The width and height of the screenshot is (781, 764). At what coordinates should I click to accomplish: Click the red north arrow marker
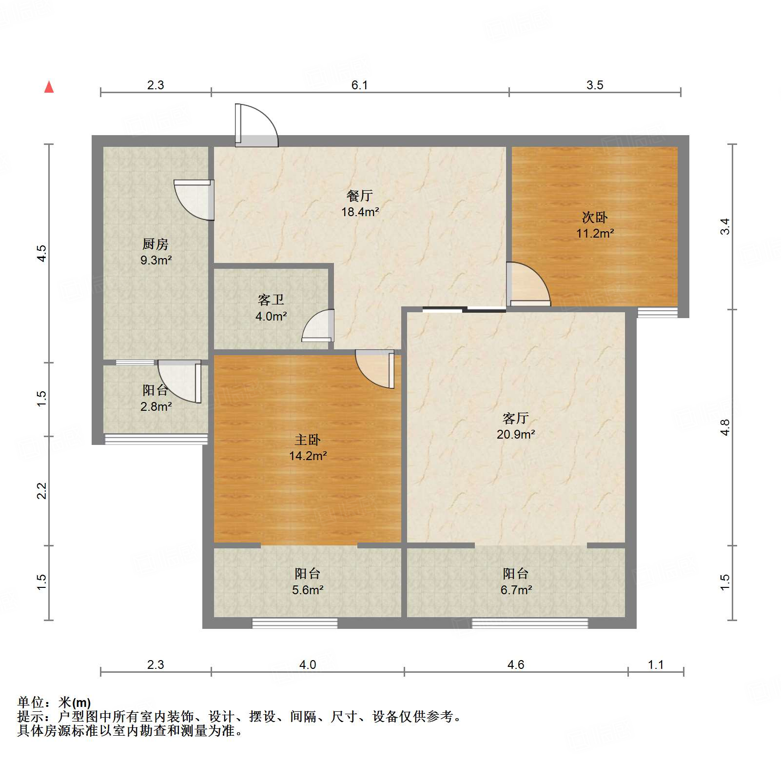[49, 87]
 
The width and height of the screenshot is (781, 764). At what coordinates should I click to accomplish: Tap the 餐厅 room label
[360, 196]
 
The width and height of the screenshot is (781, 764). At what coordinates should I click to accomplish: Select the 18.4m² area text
[360, 212]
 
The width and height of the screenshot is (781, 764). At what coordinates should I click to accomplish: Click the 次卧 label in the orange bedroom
[595, 217]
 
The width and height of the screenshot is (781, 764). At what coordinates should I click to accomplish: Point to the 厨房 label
[156, 244]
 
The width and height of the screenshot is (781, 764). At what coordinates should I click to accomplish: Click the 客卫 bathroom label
[271, 300]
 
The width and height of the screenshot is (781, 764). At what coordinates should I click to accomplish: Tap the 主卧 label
[308, 440]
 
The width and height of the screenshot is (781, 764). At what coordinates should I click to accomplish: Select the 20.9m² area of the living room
[516, 434]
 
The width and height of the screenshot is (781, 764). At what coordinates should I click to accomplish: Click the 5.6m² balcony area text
[308, 590]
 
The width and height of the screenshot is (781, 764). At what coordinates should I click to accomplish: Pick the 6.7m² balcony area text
[516, 590]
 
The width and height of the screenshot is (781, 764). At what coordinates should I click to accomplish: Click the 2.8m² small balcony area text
[156, 406]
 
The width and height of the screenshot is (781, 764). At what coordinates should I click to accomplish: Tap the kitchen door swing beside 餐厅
[195, 200]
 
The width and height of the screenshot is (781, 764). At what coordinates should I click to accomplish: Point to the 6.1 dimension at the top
[360, 85]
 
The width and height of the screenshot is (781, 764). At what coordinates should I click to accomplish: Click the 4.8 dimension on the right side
[725, 428]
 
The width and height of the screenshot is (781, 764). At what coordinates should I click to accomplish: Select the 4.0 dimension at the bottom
[308, 664]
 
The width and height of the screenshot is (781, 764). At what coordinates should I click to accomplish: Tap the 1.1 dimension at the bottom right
[656, 664]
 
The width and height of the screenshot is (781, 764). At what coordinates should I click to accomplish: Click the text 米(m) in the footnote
[75, 703]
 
